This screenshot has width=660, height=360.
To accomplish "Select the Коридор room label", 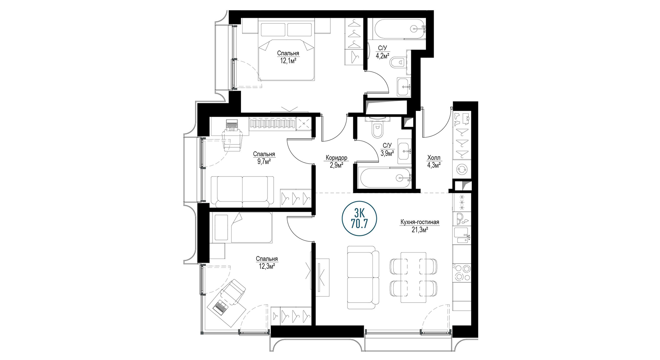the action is pyautogui.click(x=336, y=158).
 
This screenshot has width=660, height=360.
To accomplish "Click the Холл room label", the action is pyautogui.click(x=434, y=158).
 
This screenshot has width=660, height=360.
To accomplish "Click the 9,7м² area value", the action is pyautogui.click(x=264, y=161).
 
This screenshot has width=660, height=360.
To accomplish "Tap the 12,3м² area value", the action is pyautogui.click(x=267, y=266).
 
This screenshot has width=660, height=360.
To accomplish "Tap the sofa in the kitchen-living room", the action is pyautogui.click(x=363, y=278).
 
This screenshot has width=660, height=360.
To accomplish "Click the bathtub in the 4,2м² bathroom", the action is pyautogui.click(x=400, y=29).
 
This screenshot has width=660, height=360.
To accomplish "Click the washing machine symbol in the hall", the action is pyautogui.click(x=461, y=169).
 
